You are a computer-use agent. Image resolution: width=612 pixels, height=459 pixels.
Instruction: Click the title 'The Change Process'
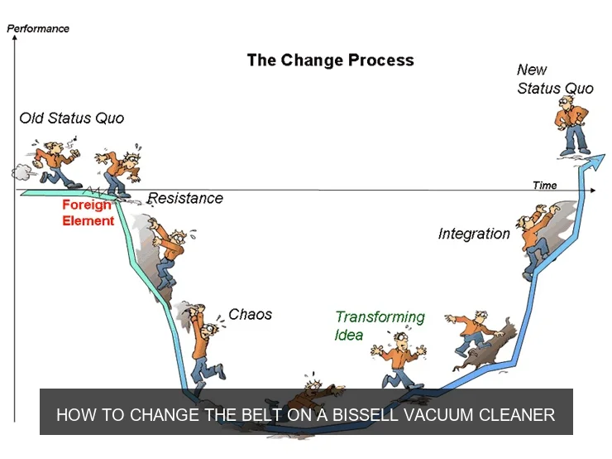point(330,60)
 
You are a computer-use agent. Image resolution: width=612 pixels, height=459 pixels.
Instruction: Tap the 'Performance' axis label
point(38,28)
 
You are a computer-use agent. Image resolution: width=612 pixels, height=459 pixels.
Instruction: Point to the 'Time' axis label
point(544,185)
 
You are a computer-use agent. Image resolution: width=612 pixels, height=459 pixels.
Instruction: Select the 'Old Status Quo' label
point(72,118)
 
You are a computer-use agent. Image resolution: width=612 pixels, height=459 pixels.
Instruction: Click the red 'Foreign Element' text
point(88,213)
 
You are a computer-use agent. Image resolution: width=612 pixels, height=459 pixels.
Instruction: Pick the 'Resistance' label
point(185,198)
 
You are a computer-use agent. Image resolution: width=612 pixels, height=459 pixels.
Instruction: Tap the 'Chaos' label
point(250,315)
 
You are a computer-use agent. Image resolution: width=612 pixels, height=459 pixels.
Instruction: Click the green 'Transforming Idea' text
point(380,325)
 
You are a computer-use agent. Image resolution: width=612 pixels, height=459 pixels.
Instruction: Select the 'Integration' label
point(474,234)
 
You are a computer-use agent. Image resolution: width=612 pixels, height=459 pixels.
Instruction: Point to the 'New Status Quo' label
point(555,80)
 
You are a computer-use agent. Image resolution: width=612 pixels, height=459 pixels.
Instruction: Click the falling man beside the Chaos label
point(203,341)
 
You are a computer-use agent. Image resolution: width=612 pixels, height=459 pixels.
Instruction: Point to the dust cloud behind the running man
point(21,171)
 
